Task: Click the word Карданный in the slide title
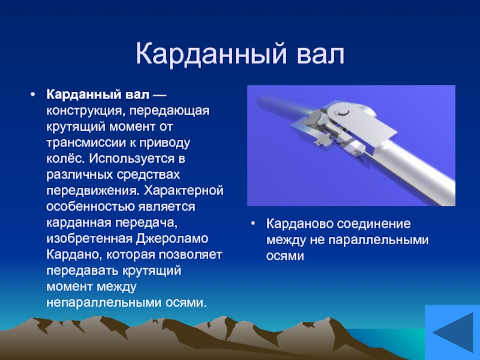tap(212, 55)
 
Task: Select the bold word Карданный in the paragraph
tap(83, 95)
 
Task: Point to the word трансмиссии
tap(87, 143)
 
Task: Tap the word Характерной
tap(184, 190)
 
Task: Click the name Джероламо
tap(172, 238)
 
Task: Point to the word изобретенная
tap(89, 238)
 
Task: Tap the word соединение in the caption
tap(374, 224)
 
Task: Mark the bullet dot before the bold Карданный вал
tap(33, 94)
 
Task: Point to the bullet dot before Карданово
tap(253, 223)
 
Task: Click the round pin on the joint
tap(343, 112)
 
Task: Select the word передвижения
tap(92, 191)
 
